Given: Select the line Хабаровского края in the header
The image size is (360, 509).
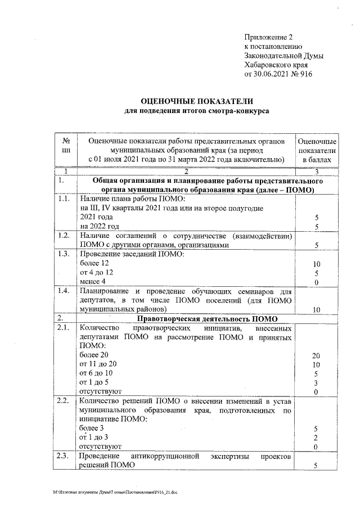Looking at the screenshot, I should point(275,65).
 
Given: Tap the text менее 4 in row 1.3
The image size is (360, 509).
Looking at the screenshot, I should point(93,282).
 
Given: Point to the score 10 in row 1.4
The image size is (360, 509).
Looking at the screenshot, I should point(317,309).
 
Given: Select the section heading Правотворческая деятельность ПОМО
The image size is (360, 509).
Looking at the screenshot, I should point(196,318).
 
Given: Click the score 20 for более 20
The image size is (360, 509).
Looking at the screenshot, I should point(317,355).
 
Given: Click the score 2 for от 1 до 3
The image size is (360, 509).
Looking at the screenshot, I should point(317,437).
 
